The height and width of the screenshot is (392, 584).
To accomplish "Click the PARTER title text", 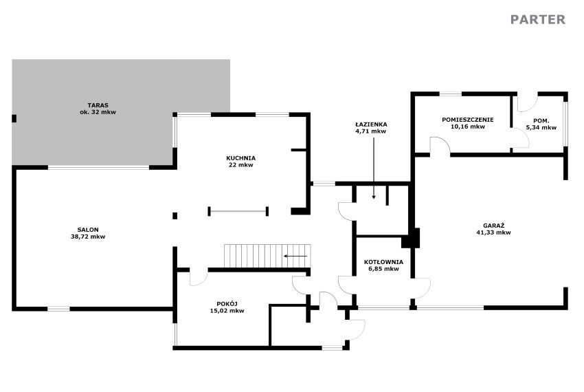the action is pos(538,19).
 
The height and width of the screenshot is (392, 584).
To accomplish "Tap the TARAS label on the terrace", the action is pos(98,105).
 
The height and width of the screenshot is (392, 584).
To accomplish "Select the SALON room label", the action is pos(88,230).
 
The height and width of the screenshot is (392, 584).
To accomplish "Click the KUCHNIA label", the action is pos(240,158).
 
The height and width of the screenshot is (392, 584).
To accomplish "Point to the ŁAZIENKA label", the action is pos(370,124).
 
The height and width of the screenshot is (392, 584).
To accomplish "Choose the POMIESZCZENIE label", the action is pos(468,120).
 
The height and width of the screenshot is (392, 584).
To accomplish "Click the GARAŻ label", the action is pos(493,226).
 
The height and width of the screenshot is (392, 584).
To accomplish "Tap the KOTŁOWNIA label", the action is pos(383,262).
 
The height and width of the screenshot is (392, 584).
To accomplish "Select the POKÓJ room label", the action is pos(227,303).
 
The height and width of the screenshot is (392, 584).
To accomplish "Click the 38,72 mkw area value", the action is pos(88,237).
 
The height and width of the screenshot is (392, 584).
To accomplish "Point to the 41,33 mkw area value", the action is pos(493,232).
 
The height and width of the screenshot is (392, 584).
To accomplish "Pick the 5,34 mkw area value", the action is pos(541,127).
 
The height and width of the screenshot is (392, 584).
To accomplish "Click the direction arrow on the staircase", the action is pos(295,257).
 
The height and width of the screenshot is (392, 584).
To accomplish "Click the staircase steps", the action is pos(267,256).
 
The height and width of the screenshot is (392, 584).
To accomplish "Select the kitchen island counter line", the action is pos(238,212).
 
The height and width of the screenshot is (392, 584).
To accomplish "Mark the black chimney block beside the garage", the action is pos(411,238).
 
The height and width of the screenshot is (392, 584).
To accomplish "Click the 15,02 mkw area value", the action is pos(227,311).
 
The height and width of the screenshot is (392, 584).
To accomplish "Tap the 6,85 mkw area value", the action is pos(383,269).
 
